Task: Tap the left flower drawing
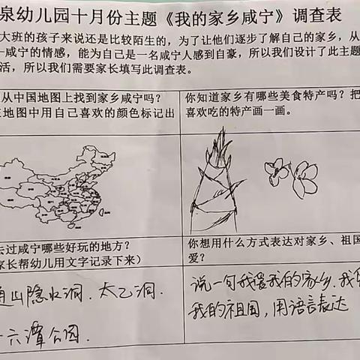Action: pyautogui.click(x=277, y=172)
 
